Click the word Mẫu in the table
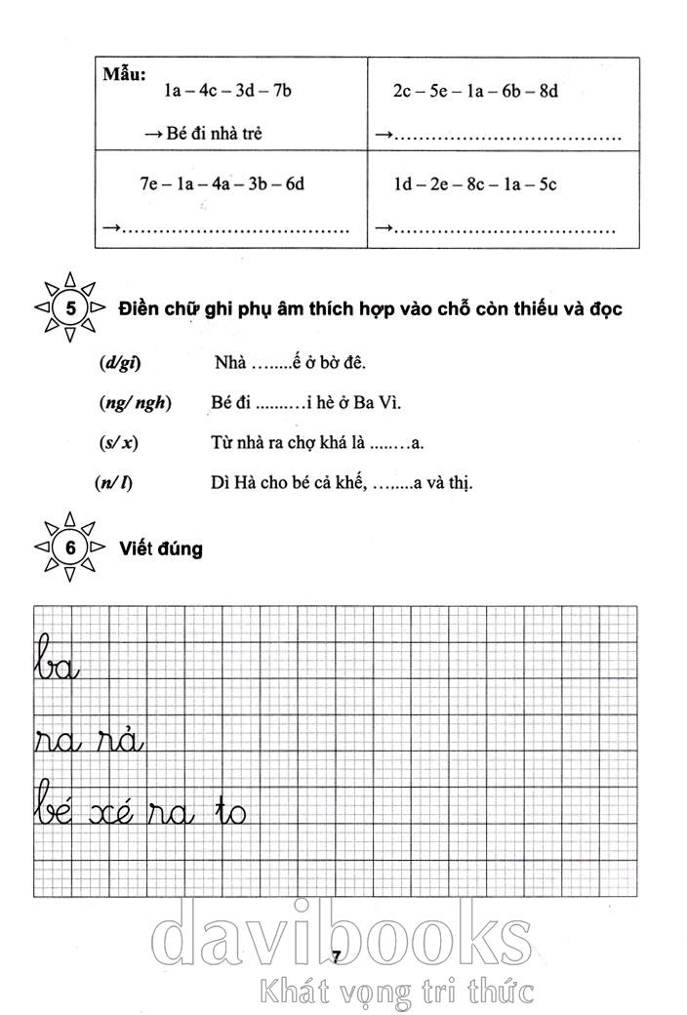coord(124,73)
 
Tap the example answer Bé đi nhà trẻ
coord(211,134)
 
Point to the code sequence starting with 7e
coord(222,183)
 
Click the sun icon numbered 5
coord(70,308)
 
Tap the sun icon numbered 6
coord(70,548)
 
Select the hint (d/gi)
coord(120,364)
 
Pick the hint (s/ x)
coord(118,443)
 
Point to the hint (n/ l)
coord(115,482)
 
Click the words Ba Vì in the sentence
coord(378,403)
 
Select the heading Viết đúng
coord(161,548)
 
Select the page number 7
coord(335,956)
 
